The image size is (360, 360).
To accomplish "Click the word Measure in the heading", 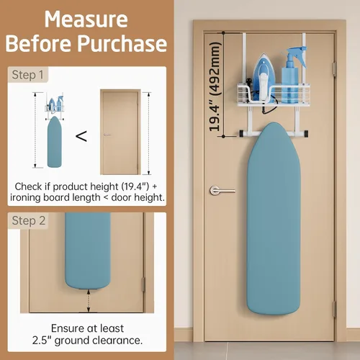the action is click(x=86, y=19).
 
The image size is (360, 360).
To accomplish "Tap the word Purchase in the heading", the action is click(x=122, y=44).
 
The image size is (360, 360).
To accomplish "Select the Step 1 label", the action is click(x=27, y=75).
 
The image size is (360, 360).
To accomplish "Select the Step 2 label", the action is click(x=29, y=220).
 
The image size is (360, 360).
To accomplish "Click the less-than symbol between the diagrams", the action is click(x=81, y=136).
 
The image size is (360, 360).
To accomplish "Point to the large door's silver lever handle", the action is click(x=222, y=191).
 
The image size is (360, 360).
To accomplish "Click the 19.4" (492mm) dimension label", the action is click(x=215, y=87).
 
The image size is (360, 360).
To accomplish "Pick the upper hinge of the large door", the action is click(x=334, y=69).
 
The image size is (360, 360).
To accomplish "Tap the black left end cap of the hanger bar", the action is click(x=242, y=134).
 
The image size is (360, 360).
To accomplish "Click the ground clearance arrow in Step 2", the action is click(x=89, y=301).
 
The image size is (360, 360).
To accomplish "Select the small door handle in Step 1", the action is click(x=107, y=135).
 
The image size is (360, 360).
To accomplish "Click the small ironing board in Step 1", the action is click(x=55, y=142).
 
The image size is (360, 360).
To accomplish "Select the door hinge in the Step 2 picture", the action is click(x=143, y=284).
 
